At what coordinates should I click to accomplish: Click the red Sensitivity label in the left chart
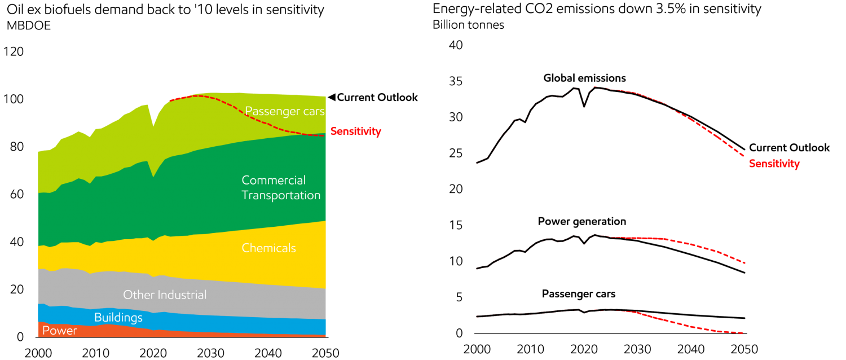[x=355, y=131]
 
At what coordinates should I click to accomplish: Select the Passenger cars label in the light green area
[x=285, y=111]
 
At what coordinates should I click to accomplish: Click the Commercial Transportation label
[x=281, y=188]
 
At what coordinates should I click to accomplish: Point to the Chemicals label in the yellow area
[x=268, y=248]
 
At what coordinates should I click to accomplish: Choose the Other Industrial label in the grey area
[x=165, y=295]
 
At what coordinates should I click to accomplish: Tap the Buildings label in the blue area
[x=118, y=318]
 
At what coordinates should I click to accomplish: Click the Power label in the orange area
[x=60, y=331]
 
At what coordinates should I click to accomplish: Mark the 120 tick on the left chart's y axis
[x=14, y=52]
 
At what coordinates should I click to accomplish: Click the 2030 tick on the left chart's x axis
[x=208, y=353]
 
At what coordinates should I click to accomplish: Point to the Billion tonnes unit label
[x=468, y=25]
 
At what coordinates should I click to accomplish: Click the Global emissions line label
[x=584, y=78]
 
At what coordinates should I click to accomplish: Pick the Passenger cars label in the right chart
[x=579, y=295]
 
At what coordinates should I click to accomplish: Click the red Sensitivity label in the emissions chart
[x=774, y=164]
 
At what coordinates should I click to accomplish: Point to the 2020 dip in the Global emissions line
[x=584, y=106]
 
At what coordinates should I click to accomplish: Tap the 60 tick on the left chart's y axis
[x=14, y=195]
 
